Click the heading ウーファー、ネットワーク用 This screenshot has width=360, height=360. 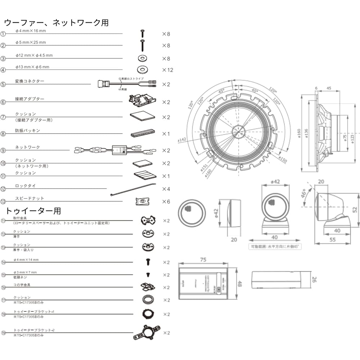coord(56,23)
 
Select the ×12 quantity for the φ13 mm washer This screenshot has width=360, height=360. coord(167,70)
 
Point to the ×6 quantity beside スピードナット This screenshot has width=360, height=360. coord(166,202)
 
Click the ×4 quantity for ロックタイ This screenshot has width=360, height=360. coord(166,189)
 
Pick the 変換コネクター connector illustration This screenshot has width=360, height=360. coord(126,85)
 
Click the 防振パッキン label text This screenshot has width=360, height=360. coord(27,131)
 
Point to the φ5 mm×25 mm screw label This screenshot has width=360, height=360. coord(31,42)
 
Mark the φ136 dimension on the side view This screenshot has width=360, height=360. coord(306,134)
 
